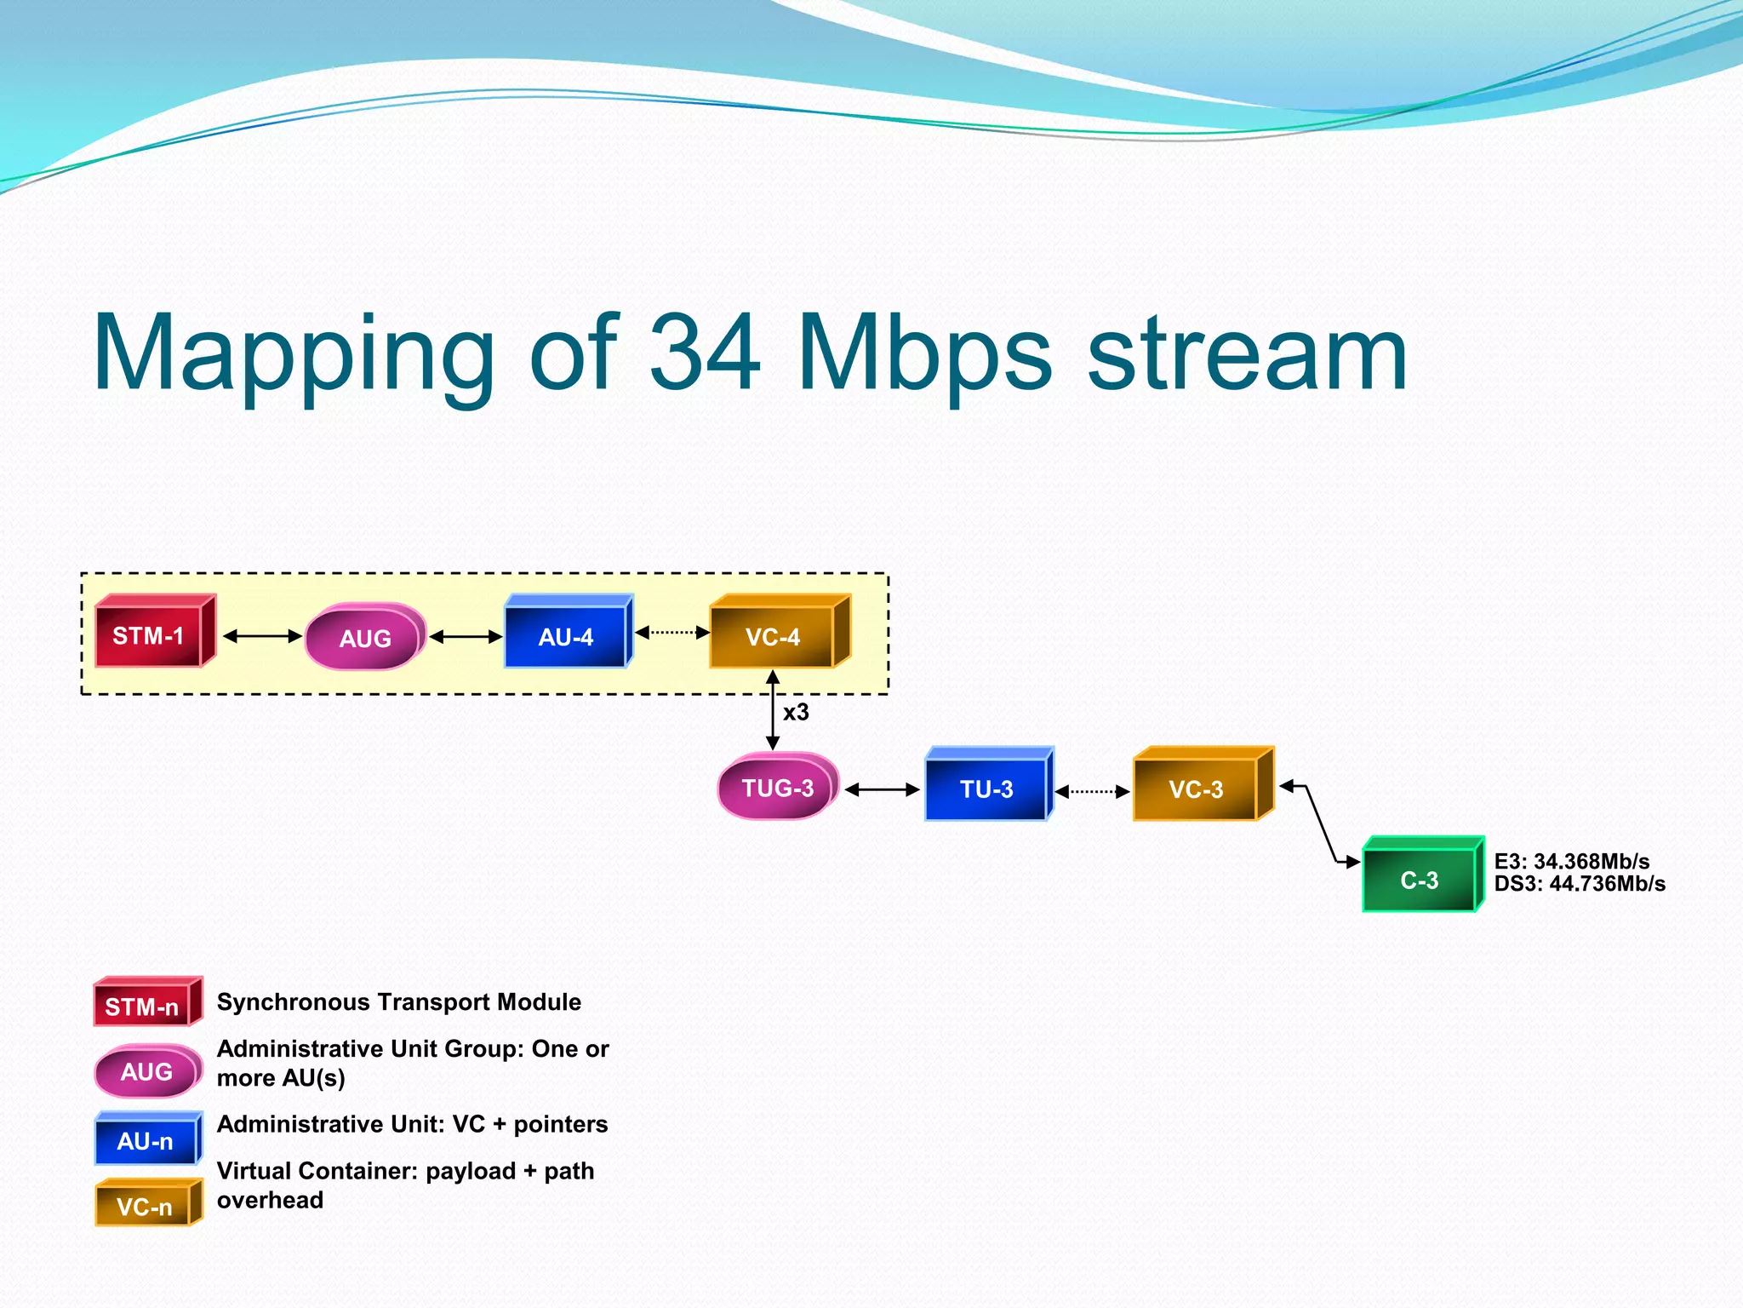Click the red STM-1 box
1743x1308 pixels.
[150, 635]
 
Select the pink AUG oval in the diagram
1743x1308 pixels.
[364, 638]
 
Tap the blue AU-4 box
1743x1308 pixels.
[566, 636]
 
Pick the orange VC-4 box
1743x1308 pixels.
[773, 636]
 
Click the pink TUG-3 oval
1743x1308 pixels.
[777, 788]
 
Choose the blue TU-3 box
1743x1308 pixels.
[986, 789]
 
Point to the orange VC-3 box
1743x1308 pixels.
[1196, 789]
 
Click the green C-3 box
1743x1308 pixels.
[1419, 879]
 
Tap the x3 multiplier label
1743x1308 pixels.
[796, 712]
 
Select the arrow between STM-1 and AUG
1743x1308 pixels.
[262, 636]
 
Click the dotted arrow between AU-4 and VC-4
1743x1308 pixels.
[672, 632]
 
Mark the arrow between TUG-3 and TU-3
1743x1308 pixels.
[882, 789]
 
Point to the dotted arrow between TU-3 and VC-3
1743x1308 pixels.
[1092, 791]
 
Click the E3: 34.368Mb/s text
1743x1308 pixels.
[1571, 861]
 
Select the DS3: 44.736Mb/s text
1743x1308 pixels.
[1580, 884]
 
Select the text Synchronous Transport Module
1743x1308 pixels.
[398, 1002]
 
